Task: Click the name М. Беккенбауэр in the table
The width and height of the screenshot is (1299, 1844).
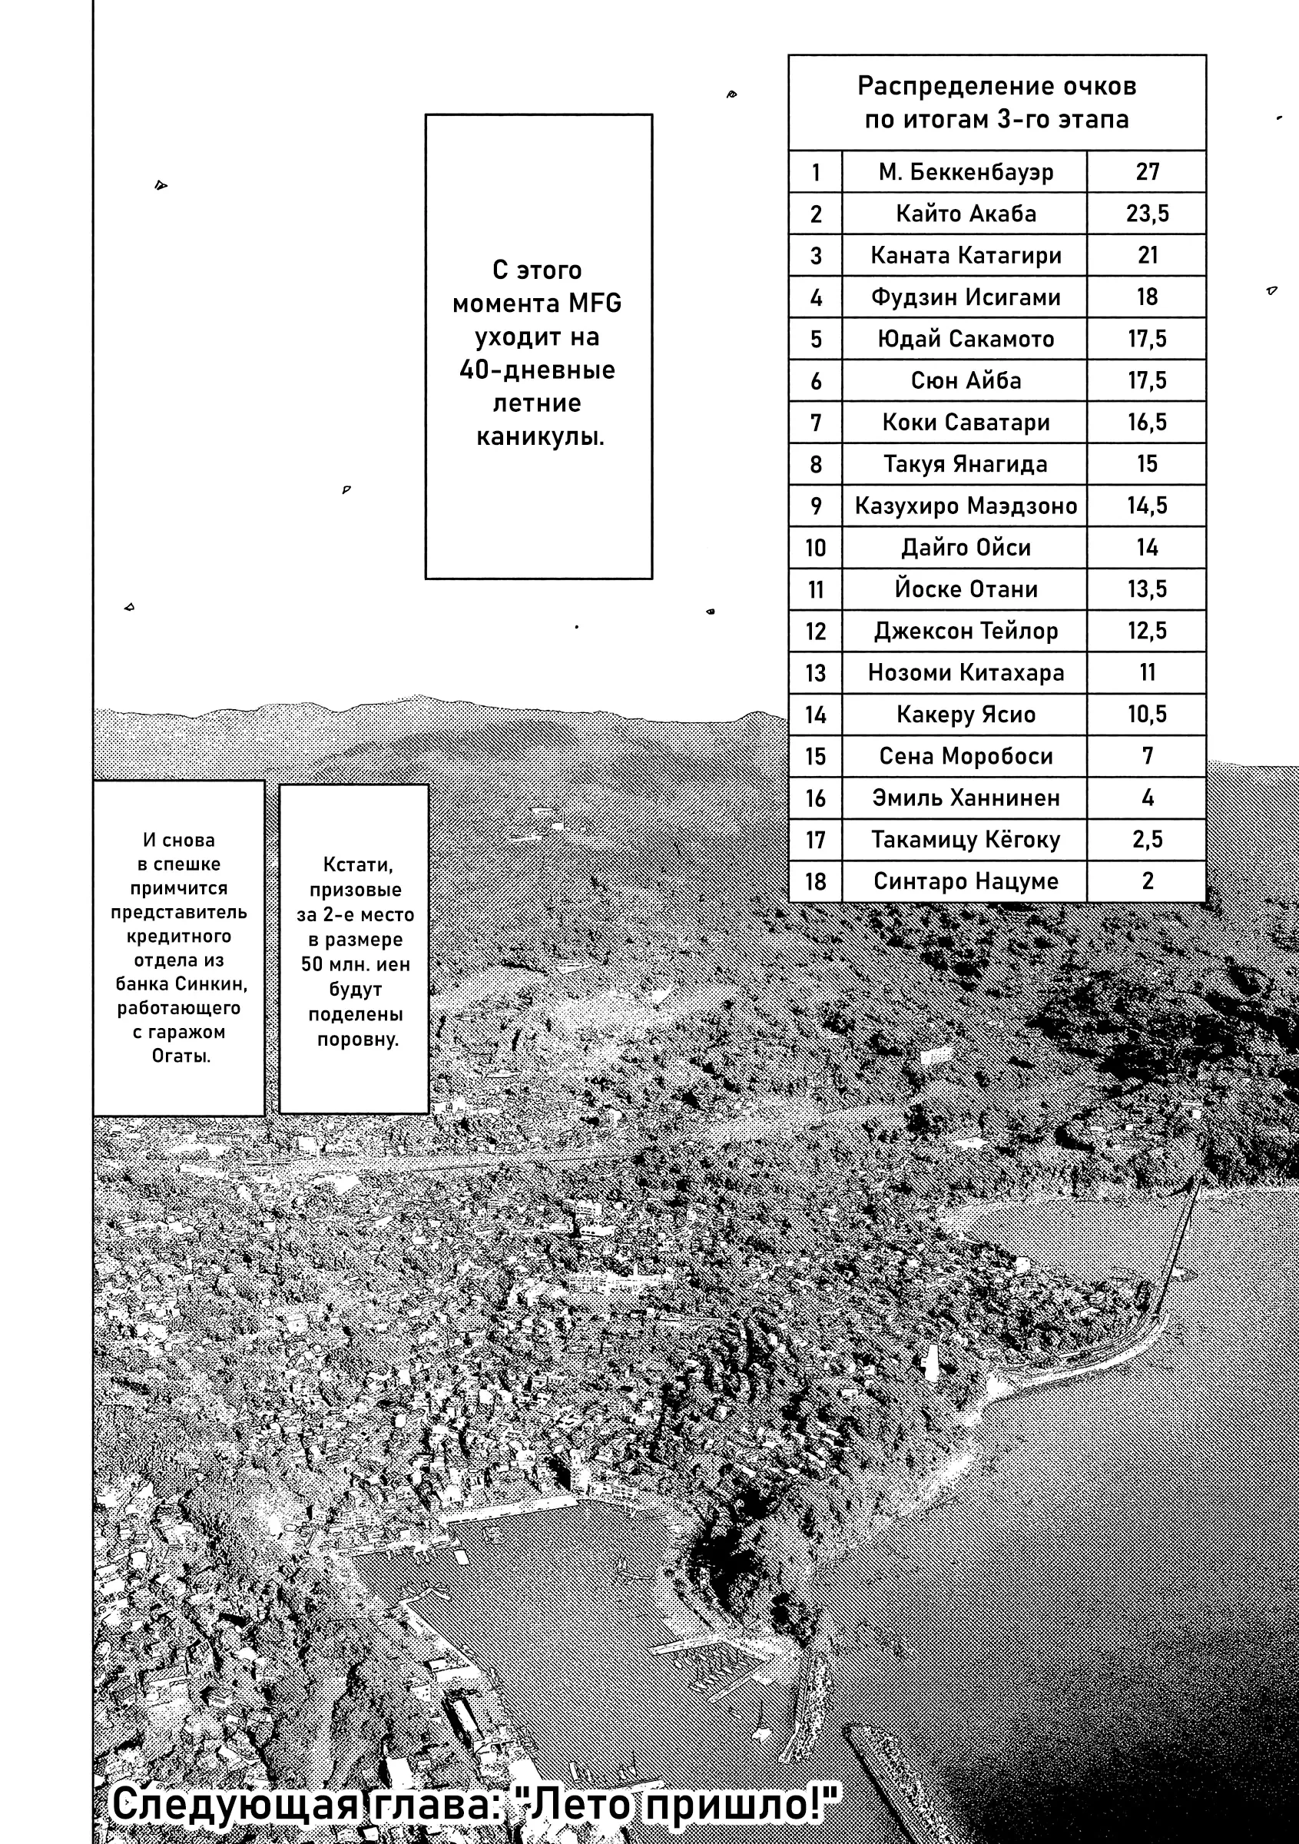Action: (x=965, y=172)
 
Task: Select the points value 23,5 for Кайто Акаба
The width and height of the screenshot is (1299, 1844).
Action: (x=1147, y=214)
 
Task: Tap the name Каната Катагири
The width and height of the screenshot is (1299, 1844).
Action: (x=965, y=255)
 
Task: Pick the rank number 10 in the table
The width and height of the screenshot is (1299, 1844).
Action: (x=815, y=548)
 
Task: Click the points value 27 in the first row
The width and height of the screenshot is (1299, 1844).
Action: (x=1147, y=172)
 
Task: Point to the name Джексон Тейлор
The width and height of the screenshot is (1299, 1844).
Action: (x=965, y=632)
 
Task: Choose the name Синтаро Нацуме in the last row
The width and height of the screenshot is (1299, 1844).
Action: (x=965, y=881)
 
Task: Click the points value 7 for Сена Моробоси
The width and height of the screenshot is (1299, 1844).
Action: (x=1147, y=756)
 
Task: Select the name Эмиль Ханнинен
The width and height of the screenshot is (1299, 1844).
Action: (x=965, y=798)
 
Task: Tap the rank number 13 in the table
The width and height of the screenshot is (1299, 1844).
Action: (x=815, y=673)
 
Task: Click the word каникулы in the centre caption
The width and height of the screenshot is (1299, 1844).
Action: (x=539, y=437)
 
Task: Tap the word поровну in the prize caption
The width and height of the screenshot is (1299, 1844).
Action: (x=357, y=1040)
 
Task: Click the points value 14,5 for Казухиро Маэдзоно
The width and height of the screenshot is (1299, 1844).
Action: (x=1147, y=506)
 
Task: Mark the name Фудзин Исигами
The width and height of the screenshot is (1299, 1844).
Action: (x=965, y=297)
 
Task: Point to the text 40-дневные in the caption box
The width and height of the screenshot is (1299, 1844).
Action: (x=537, y=370)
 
